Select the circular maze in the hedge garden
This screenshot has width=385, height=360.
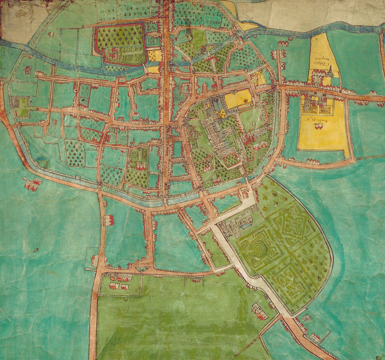coord(255,247)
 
